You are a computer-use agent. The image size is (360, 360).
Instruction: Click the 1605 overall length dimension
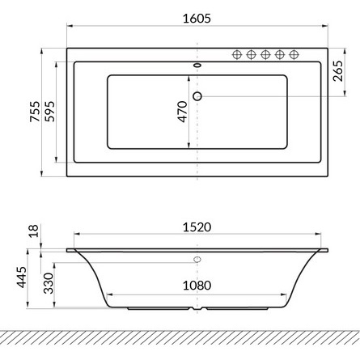(197, 19)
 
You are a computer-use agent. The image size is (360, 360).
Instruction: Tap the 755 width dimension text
(35, 112)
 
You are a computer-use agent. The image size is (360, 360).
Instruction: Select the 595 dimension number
(49, 112)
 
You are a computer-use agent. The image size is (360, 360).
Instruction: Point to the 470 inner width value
(182, 112)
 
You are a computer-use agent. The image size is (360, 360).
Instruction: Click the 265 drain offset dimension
(337, 71)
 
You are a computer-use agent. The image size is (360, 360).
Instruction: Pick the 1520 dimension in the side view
(197, 227)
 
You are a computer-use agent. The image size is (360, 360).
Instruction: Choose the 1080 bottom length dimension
(197, 286)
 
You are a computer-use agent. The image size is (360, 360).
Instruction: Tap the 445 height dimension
(21, 277)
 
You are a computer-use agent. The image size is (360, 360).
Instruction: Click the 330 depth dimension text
(49, 283)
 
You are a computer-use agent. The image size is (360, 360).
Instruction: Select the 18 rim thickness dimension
(34, 231)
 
